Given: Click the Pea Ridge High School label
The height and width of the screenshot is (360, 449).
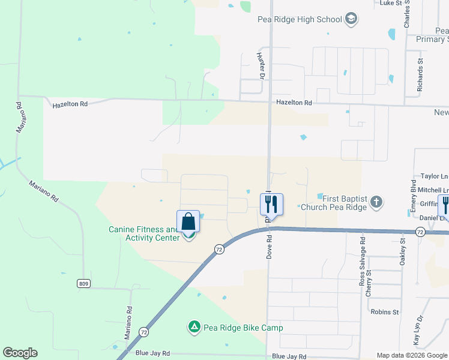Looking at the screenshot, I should tap(300, 20).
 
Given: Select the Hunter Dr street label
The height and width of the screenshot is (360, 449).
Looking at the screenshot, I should tap(261, 65).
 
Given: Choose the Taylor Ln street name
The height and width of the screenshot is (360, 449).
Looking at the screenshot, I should tap(435, 176).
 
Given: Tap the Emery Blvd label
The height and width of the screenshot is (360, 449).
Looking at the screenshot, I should tap(413, 193).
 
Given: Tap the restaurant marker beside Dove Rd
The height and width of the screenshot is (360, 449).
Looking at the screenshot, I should tap(271, 205).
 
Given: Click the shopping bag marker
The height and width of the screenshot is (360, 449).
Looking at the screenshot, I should tap(188, 221).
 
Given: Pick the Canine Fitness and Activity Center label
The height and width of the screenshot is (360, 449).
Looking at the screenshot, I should tap(143, 233).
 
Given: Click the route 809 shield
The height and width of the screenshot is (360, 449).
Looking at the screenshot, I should tap(83, 283).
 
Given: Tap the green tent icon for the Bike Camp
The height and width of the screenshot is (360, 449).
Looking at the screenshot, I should tap(194, 328).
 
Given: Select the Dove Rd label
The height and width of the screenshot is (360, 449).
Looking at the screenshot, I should tap(270, 246).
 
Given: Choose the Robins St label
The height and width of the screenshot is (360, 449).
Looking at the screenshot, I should tap(385, 312).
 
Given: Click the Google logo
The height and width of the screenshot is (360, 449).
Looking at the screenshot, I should tap(20, 353).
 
